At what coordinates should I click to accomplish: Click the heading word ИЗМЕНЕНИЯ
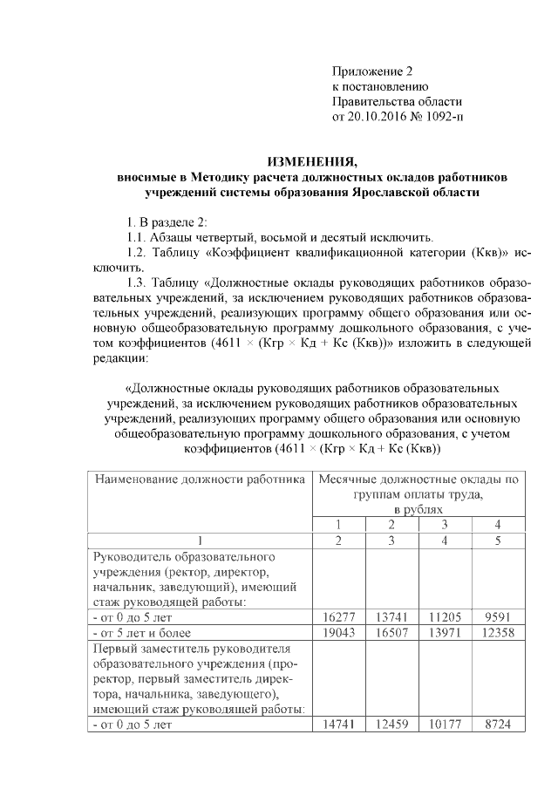(311, 160)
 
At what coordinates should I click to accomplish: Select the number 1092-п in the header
(442, 116)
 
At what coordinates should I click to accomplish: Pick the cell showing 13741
(391, 616)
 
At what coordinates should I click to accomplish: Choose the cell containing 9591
(499, 616)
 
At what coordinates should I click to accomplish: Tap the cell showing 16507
(391, 632)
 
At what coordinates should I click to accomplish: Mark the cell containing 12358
(499, 632)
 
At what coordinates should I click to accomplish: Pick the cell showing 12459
(391, 725)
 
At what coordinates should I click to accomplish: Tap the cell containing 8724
(499, 725)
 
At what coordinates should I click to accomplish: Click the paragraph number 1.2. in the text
(139, 253)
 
